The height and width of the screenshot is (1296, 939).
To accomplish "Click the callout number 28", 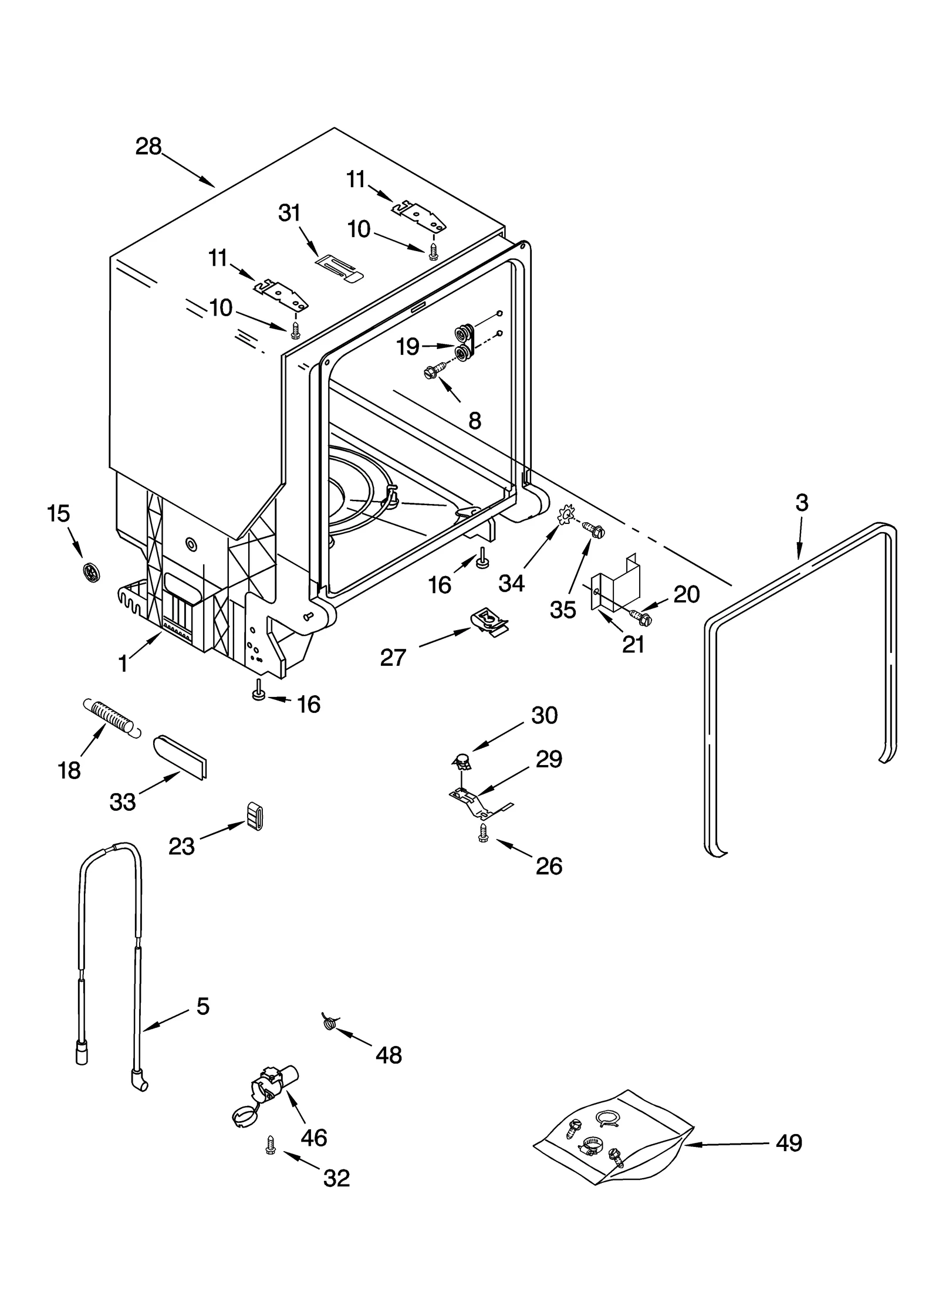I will tap(148, 146).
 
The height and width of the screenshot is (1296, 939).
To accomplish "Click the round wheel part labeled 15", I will tap(90, 570).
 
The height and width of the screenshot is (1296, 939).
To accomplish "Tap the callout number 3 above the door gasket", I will tap(802, 502).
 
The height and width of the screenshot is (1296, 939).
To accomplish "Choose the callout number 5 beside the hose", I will tap(202, 1006).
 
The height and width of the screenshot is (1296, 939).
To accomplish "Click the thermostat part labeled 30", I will tap(464, 762).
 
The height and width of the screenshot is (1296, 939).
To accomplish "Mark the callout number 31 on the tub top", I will tap(289, 213).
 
